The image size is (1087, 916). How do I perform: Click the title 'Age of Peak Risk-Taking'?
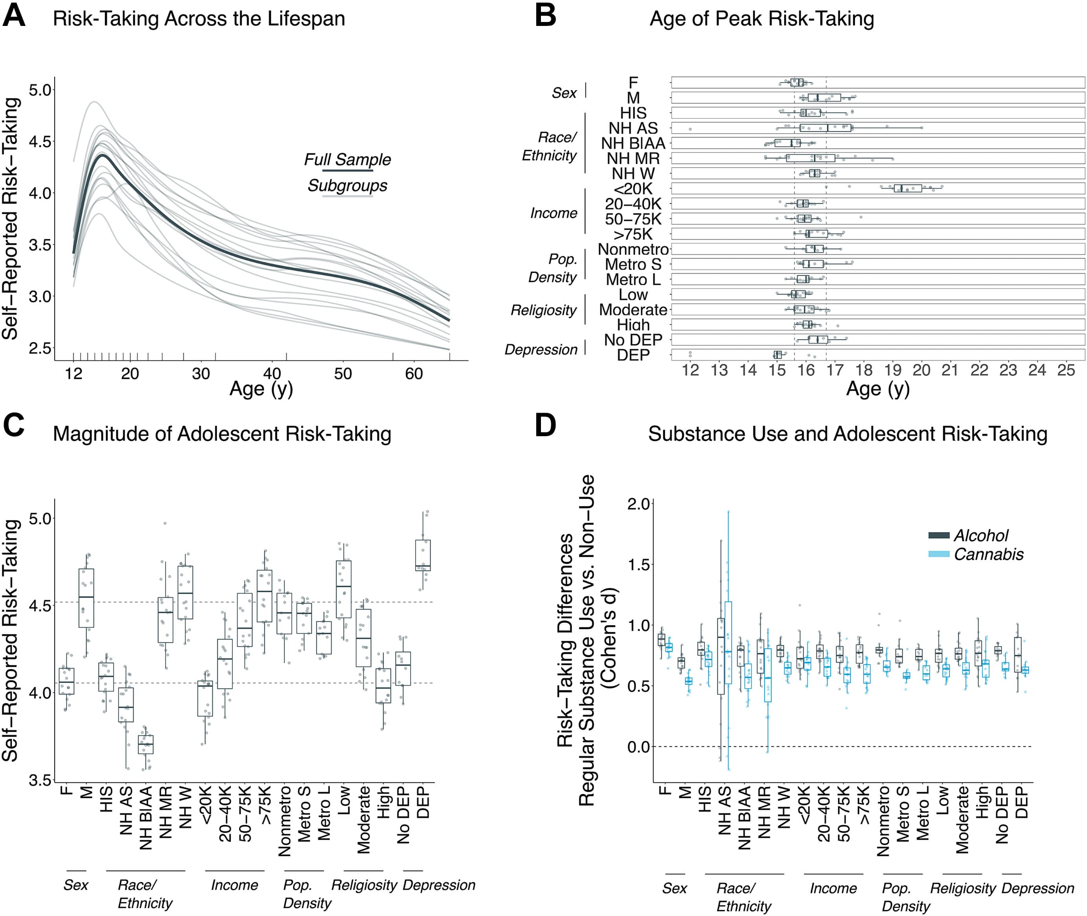coord(761,19)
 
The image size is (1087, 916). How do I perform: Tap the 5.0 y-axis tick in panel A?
coord(40,90)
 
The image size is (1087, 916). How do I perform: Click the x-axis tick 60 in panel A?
coord(414,373)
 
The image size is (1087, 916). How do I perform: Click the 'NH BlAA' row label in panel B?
coord(633,143)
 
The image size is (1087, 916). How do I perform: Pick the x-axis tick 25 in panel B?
coord(1066,370)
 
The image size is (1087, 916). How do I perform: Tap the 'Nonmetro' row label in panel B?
coord(633,249)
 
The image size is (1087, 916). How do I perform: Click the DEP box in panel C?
coord(423,555)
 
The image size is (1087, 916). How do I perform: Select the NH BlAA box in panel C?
coord(145,744)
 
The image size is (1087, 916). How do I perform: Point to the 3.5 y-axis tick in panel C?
coord(40,780)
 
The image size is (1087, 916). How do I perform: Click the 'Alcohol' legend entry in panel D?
coord(980,535)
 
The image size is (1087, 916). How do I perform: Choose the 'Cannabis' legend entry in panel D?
coord(988,554)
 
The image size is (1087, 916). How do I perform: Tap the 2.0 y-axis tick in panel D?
coord(638,504)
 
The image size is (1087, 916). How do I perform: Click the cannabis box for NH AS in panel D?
coord(728,642)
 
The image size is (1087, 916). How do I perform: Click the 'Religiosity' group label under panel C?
coord(364,885)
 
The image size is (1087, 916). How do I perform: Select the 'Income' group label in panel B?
coord(554,213)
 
